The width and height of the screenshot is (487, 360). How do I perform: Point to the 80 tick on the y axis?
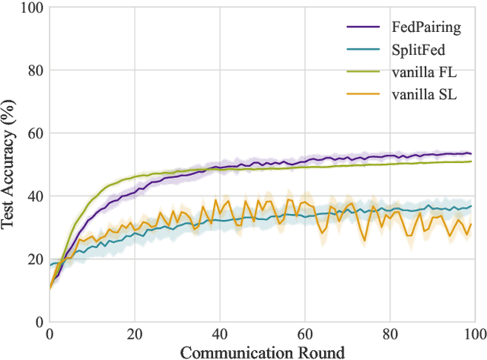[33, 71]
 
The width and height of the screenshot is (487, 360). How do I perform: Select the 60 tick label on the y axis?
[33, 133]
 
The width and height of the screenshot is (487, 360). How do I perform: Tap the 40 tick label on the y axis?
[33, 196]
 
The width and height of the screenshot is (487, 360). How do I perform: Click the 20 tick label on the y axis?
[33, 260]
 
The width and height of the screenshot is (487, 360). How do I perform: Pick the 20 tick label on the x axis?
[135, 333]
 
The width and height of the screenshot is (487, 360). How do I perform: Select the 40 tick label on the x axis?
[220, 333]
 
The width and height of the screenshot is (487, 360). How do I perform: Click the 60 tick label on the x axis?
[305, 333]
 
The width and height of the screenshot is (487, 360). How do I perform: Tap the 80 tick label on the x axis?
[390, 333]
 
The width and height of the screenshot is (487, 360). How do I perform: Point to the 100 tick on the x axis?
[473, 333]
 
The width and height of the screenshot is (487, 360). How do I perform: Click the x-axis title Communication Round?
[262, 351]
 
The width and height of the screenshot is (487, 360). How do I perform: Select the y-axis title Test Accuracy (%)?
[10, 164]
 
